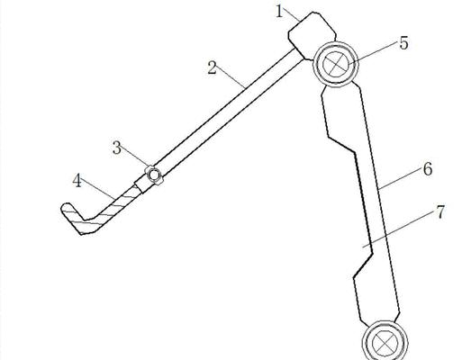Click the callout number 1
tap(279, 12)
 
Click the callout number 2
tap(212, 67)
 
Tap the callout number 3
tap(117, 148)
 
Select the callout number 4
tap(77, 181)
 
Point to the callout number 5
tap(404, 43)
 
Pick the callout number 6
tap(428, 169)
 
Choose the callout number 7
tap(439, 212)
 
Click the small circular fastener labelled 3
tap(154, 175)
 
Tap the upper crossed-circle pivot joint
tap(336, 64)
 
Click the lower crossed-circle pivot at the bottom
tap(385, 342)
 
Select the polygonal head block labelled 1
tap(312, 35)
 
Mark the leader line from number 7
tap(399, 229)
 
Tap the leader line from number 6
tap(401, 178)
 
